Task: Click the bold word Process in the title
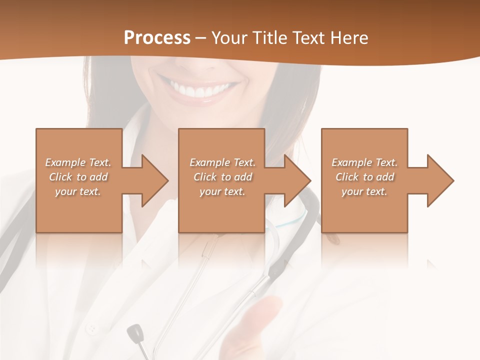157,38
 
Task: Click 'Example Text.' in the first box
78,162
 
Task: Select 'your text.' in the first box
78,191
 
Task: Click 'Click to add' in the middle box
222,177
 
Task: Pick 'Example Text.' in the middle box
222,162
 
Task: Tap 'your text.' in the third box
364,191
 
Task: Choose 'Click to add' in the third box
364,177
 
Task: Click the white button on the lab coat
91,329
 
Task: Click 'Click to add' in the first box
78,177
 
